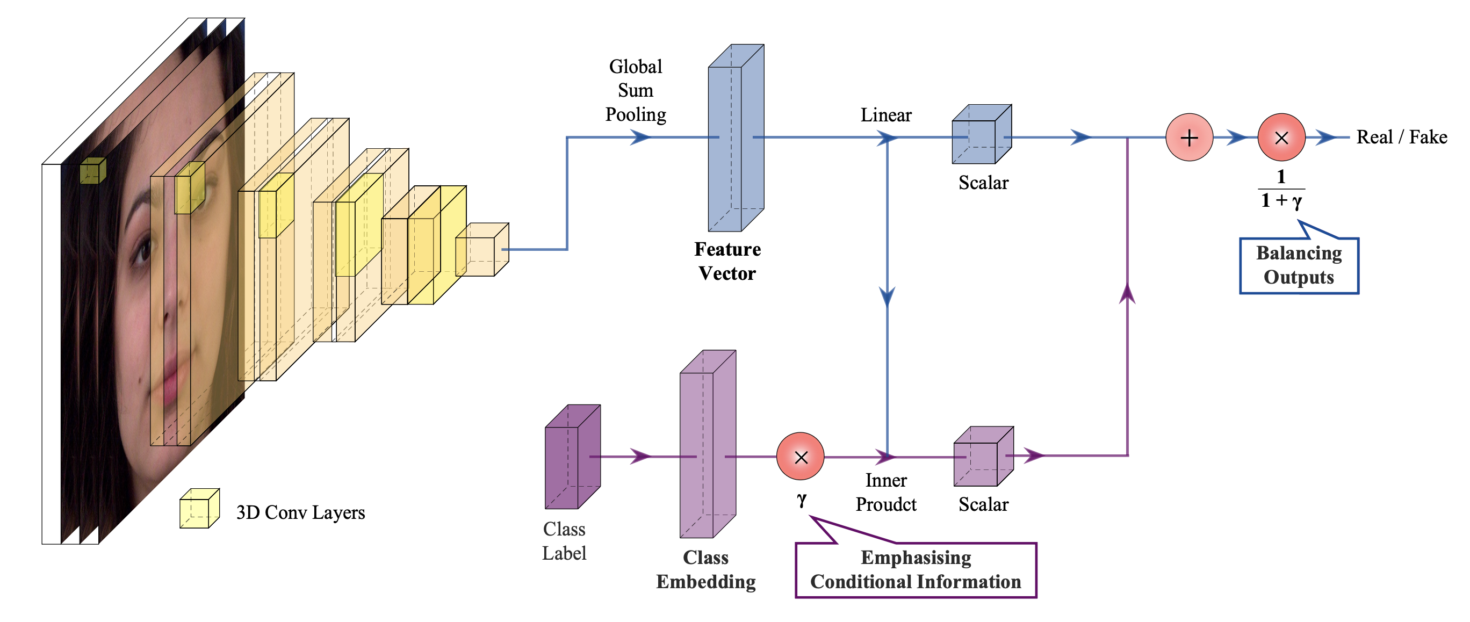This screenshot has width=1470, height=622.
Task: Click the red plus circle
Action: click(x=1189, y=138)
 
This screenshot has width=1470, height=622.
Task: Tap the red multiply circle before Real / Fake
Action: click(x=1281, y=138)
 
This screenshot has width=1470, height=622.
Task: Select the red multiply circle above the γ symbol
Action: click(x=800, y=457)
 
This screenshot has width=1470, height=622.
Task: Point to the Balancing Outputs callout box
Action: click(x=1299, y=265)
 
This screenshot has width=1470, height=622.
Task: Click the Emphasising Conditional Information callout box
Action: click(x=916, y=569)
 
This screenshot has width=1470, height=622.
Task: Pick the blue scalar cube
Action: click(x=981, y=135)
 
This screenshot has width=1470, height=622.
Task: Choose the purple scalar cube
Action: click(x=983, y=457)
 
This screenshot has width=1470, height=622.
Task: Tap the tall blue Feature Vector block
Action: click(x=735, y=138)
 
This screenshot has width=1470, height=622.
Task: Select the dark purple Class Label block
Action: click(x=572, y=457)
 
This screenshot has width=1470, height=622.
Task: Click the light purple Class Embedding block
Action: click(x=707, y=445)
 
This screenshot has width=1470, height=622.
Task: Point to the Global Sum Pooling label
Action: click(x=636, y=91)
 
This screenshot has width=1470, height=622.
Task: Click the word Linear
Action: click(x=885, y=115)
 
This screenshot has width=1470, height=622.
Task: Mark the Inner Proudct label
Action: click(x=885, y=493)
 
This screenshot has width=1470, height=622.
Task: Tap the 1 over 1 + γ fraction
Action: click(x=1281, y=189)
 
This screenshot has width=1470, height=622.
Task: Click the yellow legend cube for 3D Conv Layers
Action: click(x=199, y=509)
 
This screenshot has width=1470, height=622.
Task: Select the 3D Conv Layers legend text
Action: click(x=300, y=512)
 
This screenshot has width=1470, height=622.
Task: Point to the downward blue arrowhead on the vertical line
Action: click(x=887, y=296)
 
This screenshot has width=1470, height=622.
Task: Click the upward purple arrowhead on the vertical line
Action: click(x=1127, y=293)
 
